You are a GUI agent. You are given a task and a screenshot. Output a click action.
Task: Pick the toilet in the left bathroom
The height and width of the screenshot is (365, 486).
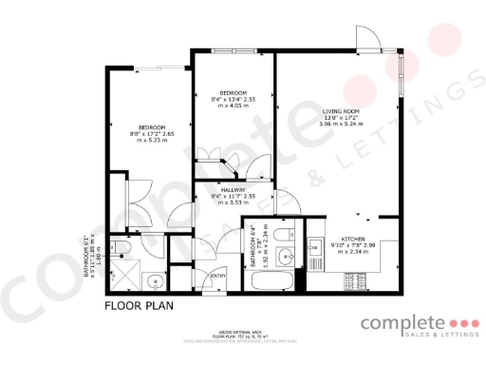tap(121, 251)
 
